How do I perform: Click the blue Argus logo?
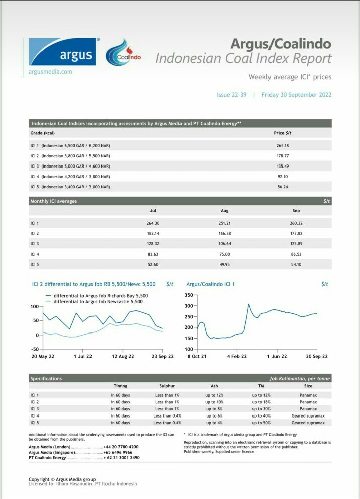62,51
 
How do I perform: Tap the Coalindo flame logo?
123,52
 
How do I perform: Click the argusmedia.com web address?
50,72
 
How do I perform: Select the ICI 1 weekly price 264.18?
283,146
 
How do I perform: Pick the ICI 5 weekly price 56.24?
283,187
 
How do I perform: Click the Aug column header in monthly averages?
225,211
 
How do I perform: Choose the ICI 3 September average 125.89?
296,244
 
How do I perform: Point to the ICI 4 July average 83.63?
153,254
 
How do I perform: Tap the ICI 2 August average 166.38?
225,233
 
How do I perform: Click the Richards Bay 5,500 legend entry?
97,296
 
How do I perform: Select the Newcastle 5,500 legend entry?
95,302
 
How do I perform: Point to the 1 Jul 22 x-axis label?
83,357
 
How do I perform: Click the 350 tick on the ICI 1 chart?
189,295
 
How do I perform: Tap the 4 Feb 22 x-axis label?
237,357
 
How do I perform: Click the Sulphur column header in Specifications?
167,386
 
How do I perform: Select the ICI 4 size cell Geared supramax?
308,416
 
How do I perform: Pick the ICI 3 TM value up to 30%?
261,409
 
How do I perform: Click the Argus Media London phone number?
121,447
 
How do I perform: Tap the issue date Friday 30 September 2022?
296,95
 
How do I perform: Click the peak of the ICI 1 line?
249,304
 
